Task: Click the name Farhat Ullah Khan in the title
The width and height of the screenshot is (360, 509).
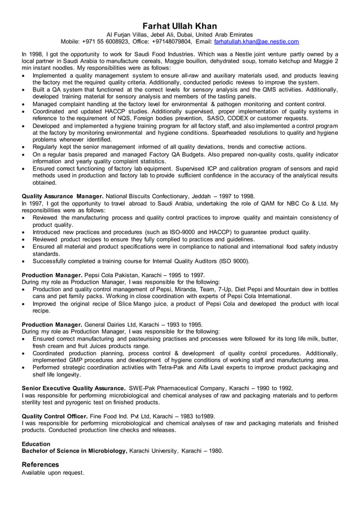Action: click(179, 26)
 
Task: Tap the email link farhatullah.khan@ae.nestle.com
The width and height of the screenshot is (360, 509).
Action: click(256, 41)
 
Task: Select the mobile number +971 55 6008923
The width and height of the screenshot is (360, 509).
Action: click(106, 41)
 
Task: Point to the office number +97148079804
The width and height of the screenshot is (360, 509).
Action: click(171, 41)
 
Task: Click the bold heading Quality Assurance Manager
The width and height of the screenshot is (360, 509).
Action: click(62, 196)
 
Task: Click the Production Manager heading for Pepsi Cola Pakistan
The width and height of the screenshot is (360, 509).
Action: click(51, 275)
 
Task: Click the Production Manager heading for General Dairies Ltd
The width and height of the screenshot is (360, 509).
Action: click(51, 324)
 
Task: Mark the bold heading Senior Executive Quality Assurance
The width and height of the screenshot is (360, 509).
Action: click(73, 388)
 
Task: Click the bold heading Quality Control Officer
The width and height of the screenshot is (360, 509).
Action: click(55, 416)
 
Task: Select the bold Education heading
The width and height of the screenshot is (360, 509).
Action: click(36, 444)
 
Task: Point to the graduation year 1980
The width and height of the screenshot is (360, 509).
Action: click(213, 451)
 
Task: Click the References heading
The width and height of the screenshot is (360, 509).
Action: click(40, 464)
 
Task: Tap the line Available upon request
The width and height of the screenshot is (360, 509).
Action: click(52, 472)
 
